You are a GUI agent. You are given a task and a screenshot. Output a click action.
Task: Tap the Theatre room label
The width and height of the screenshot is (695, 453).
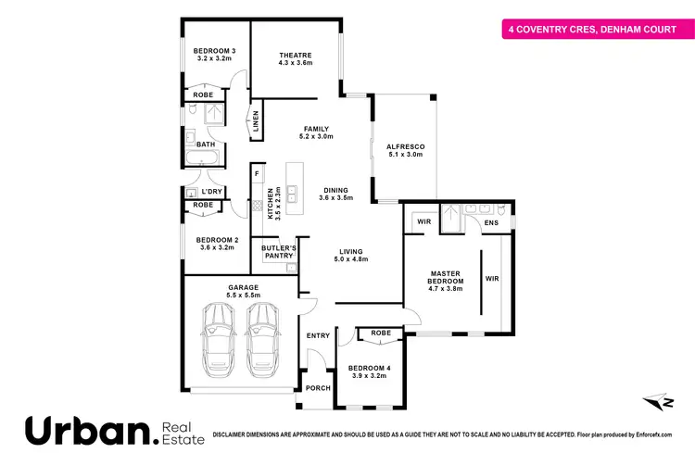pos(296,55)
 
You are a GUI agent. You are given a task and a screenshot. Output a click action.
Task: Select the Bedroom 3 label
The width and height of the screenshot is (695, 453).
pos(213,51)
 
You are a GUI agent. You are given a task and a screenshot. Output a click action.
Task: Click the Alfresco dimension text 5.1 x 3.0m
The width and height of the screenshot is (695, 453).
pos(405,155)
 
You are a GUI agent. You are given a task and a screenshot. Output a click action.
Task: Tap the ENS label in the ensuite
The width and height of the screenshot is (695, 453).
pos(491,223)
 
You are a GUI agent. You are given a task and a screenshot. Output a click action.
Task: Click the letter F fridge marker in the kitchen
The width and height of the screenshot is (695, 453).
pos(257,174)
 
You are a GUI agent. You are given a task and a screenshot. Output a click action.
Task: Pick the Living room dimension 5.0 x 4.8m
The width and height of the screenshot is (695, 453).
pos(351,259)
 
